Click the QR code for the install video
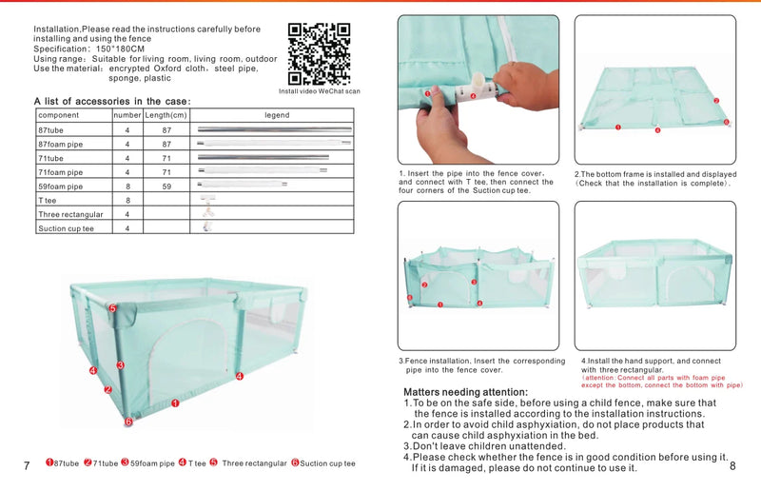[x=319, y=53]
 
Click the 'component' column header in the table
[x=59, y=115]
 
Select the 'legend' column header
[x=276, y=115]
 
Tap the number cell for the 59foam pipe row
[x=127, y=187]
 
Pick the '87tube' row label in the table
[x=51, y=129]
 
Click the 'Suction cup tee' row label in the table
[x=67, y=228]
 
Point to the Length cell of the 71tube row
[x=166, y=158]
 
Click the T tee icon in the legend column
[x=205, y=201]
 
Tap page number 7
[x=27, y=465]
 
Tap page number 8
[x=732, y=465]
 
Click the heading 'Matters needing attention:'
[x=465, y=392]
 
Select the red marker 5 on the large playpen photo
[x=112, y=308]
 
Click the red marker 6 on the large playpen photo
[x=128, y=422]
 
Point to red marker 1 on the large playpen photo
[x=175, y=403]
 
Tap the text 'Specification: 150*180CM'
[x=90, y=49]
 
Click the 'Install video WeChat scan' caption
[x=320, y=91]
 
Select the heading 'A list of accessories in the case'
[x=112, y=101]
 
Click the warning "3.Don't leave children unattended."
[x=484, y=445]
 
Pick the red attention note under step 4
[x=661, y=382]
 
